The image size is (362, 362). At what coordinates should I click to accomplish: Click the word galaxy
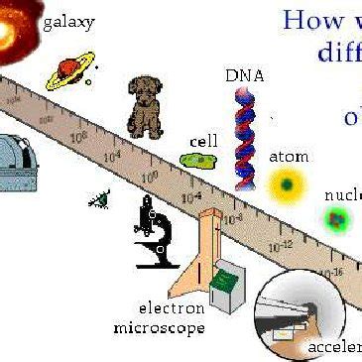coord(70,21)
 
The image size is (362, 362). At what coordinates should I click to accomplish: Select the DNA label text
coord(245,75)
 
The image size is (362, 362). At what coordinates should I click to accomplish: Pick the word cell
coord(204,141)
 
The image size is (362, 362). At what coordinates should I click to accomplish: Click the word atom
coord(289,157)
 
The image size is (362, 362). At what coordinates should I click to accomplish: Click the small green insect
coord(99,199)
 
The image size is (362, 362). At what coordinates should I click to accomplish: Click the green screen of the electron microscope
coord(226,281)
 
